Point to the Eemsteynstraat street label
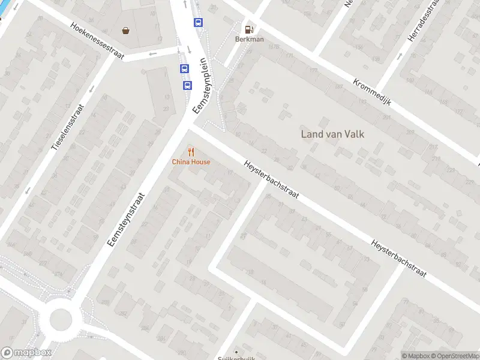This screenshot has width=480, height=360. pyautogui.click(x=127, y=219)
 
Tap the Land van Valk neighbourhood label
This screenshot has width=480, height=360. pyautogui.click(x=332, y=134)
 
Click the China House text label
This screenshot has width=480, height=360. pyautogui.click(x=191, y=162)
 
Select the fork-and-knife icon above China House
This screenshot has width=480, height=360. pyautogui.click(x=191, y=152)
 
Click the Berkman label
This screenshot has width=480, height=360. pyautogui.click(x=249, y=40)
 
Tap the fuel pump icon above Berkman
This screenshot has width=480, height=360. pyautogui.click(x=248, y=29)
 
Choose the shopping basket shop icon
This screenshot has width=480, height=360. pyautogui.click(x=126, y=30)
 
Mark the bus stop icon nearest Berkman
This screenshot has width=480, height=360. pyautogui.click(x=198, y=23)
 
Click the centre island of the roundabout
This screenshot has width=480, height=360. pyautogui.click(x=61, y=319)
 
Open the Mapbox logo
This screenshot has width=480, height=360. pyautogui.click(x=26, y=353)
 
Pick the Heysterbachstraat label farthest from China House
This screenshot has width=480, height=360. pyautogui.click(x=398, y=259)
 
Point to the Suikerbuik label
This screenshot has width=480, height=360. pyautogui.click(x=236, y=357)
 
